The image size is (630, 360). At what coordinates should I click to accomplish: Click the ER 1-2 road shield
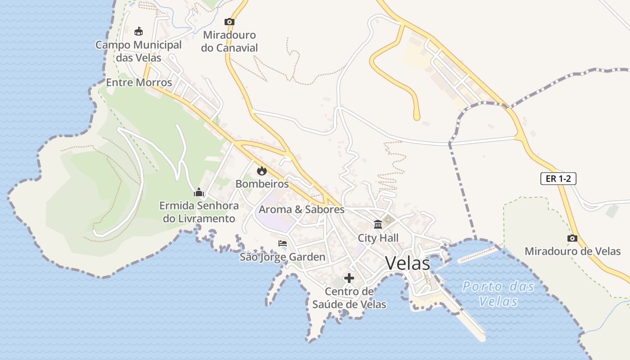click(558, 179)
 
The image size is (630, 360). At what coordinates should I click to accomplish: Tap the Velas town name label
click(408, 263)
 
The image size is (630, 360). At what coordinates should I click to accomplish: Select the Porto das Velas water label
click(499, 293)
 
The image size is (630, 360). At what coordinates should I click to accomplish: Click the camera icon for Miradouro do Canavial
click(229, 22)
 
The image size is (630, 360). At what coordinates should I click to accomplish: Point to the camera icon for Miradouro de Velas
click(572, 238)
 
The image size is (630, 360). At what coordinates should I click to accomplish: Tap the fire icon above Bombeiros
click(261, 171)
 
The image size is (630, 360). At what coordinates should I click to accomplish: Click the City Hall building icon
click(378, 224)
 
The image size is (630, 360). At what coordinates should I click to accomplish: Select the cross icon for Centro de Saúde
click(349, 278)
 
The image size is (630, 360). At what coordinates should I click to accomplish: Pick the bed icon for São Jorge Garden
click(283, 243)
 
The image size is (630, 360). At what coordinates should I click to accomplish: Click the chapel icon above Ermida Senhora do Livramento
click(198, 193)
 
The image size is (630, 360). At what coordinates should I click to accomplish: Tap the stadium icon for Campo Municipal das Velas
click(139, 31)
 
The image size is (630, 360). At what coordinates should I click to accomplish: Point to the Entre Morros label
click(139, 83)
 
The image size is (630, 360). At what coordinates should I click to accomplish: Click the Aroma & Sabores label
click(301, 210)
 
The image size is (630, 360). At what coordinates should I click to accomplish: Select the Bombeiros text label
click(262, 184)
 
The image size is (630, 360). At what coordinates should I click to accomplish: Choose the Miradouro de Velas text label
click(572, 252)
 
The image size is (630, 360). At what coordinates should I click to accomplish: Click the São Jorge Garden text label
click(282, 257)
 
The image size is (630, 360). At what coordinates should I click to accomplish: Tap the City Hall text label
click(378, 238)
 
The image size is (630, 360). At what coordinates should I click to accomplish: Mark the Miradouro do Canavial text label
click(229, 41)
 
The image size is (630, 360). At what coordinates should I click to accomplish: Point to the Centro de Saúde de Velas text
click(349, 298)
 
